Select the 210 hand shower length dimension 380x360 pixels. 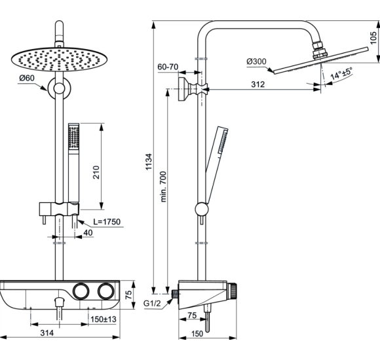[96, 173]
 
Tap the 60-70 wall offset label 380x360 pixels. [168, 67]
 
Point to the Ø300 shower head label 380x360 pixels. [256, 62]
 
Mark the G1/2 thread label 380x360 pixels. [153, 303]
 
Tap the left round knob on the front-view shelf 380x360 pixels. [81, 291]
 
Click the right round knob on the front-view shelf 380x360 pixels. [104, 291]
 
